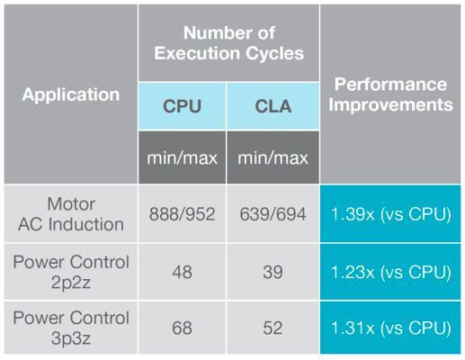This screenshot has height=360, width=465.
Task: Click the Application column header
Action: pos(71,94)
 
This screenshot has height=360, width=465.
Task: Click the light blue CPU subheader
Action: pos(181,106)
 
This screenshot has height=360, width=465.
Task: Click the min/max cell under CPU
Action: pos(181,157)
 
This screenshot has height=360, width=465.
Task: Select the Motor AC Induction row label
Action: pos(71,215)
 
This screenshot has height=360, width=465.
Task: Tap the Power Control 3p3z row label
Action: pos(71,328)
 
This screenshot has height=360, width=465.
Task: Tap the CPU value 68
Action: pos(181,328)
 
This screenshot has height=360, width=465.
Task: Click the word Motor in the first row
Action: pos(71,204)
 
